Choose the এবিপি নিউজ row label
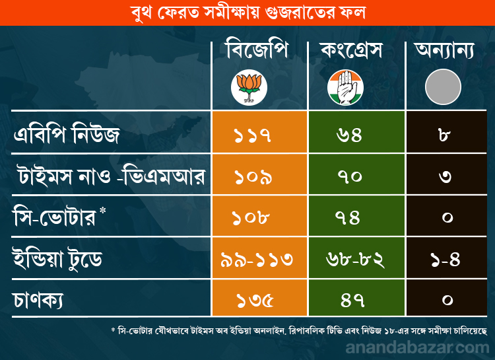pos(67,136)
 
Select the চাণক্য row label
pos(41,299)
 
